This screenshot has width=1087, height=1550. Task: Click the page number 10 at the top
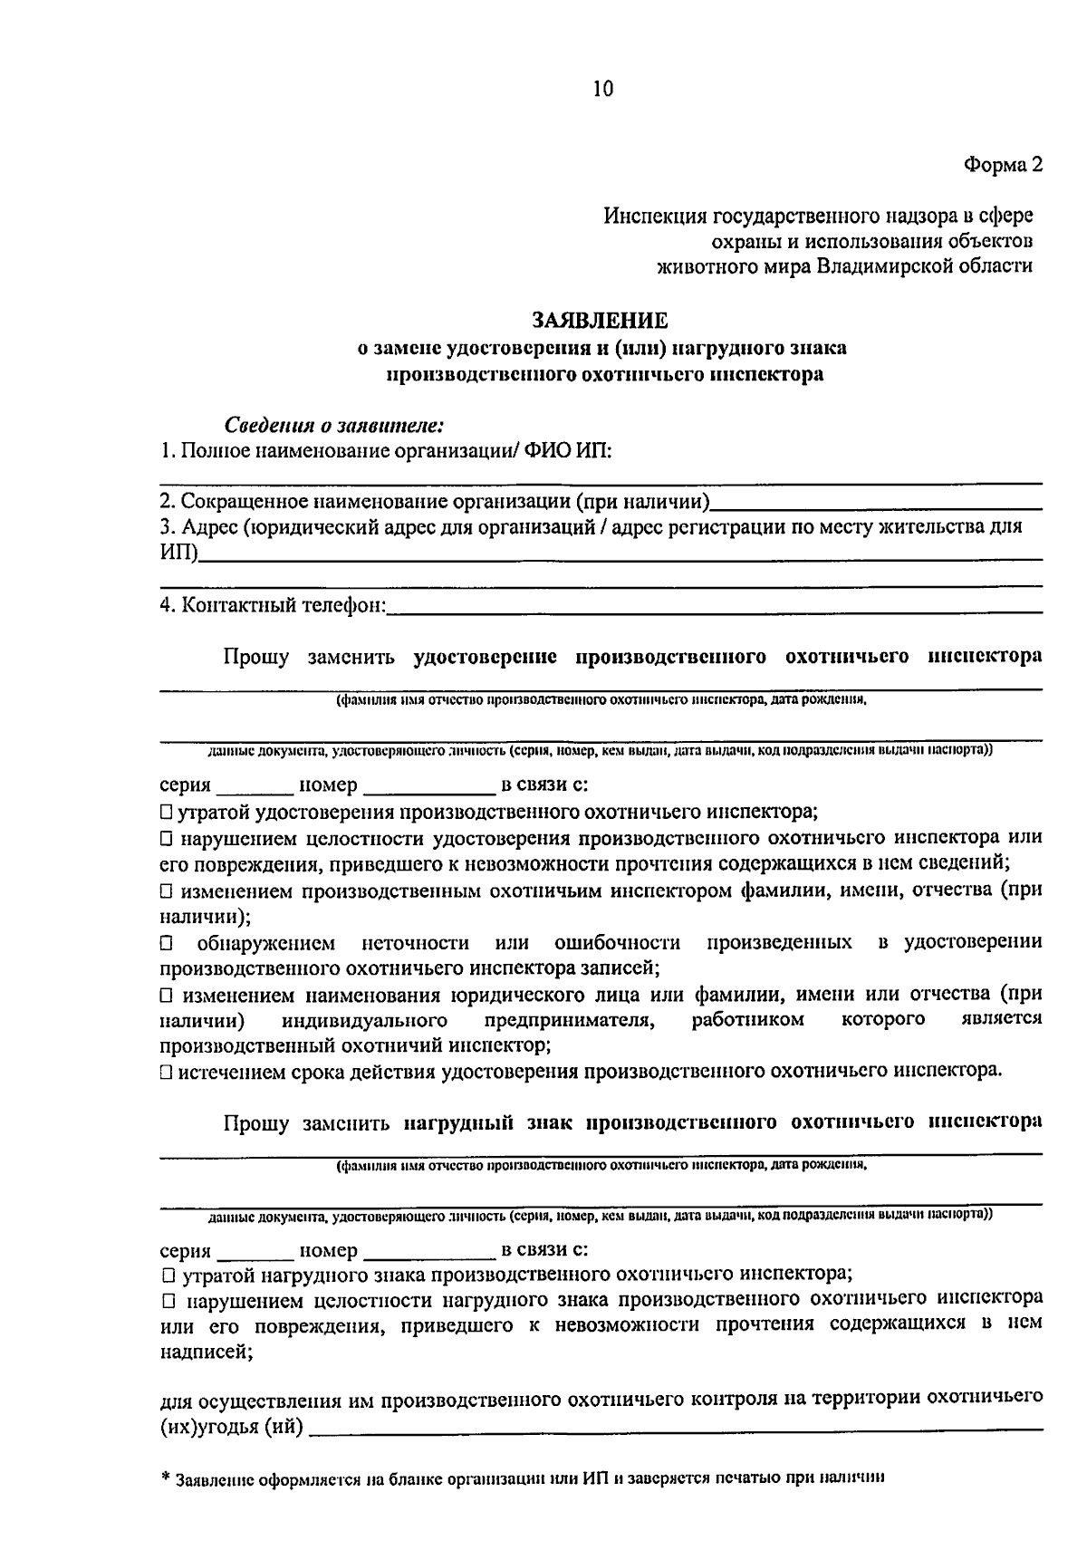[x=603, y=88]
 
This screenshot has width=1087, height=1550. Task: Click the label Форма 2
[x=1003, y=165]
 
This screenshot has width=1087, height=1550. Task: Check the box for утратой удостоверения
[x=166, y=812]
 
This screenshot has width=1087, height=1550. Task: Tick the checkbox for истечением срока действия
[x=166, y=1072]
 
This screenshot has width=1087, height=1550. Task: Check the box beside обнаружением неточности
[x=166, y=943]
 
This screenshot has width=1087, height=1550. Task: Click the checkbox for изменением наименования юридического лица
[x=166, y=996]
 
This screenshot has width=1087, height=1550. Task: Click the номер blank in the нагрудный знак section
[x=428, y=1252]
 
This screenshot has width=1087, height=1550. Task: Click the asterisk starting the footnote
[x=166, y=1477]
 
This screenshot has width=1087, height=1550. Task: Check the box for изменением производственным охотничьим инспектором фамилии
[x=166, y=891]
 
